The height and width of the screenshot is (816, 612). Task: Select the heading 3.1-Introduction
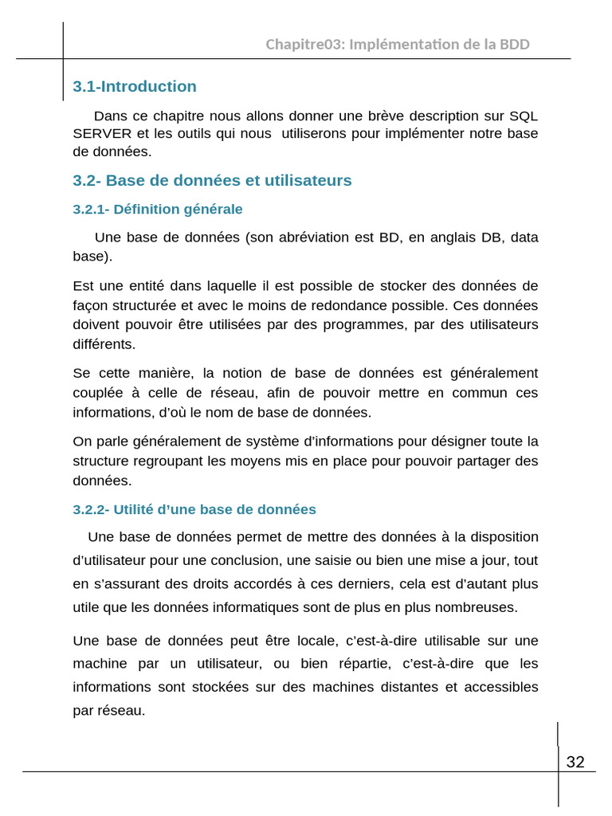click(x=135, y=87)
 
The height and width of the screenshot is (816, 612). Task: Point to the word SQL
click(x=524, y=116)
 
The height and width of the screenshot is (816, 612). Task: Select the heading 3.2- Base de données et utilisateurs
click(x=212, y=181)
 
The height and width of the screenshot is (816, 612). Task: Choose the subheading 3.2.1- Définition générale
click(x=158, y=210)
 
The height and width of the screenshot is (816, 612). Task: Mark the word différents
click(x=104, y=344)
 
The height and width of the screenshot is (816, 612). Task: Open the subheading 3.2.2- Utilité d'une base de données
click(x=194, y=510)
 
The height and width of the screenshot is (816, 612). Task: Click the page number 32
click(x=575, y=763)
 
